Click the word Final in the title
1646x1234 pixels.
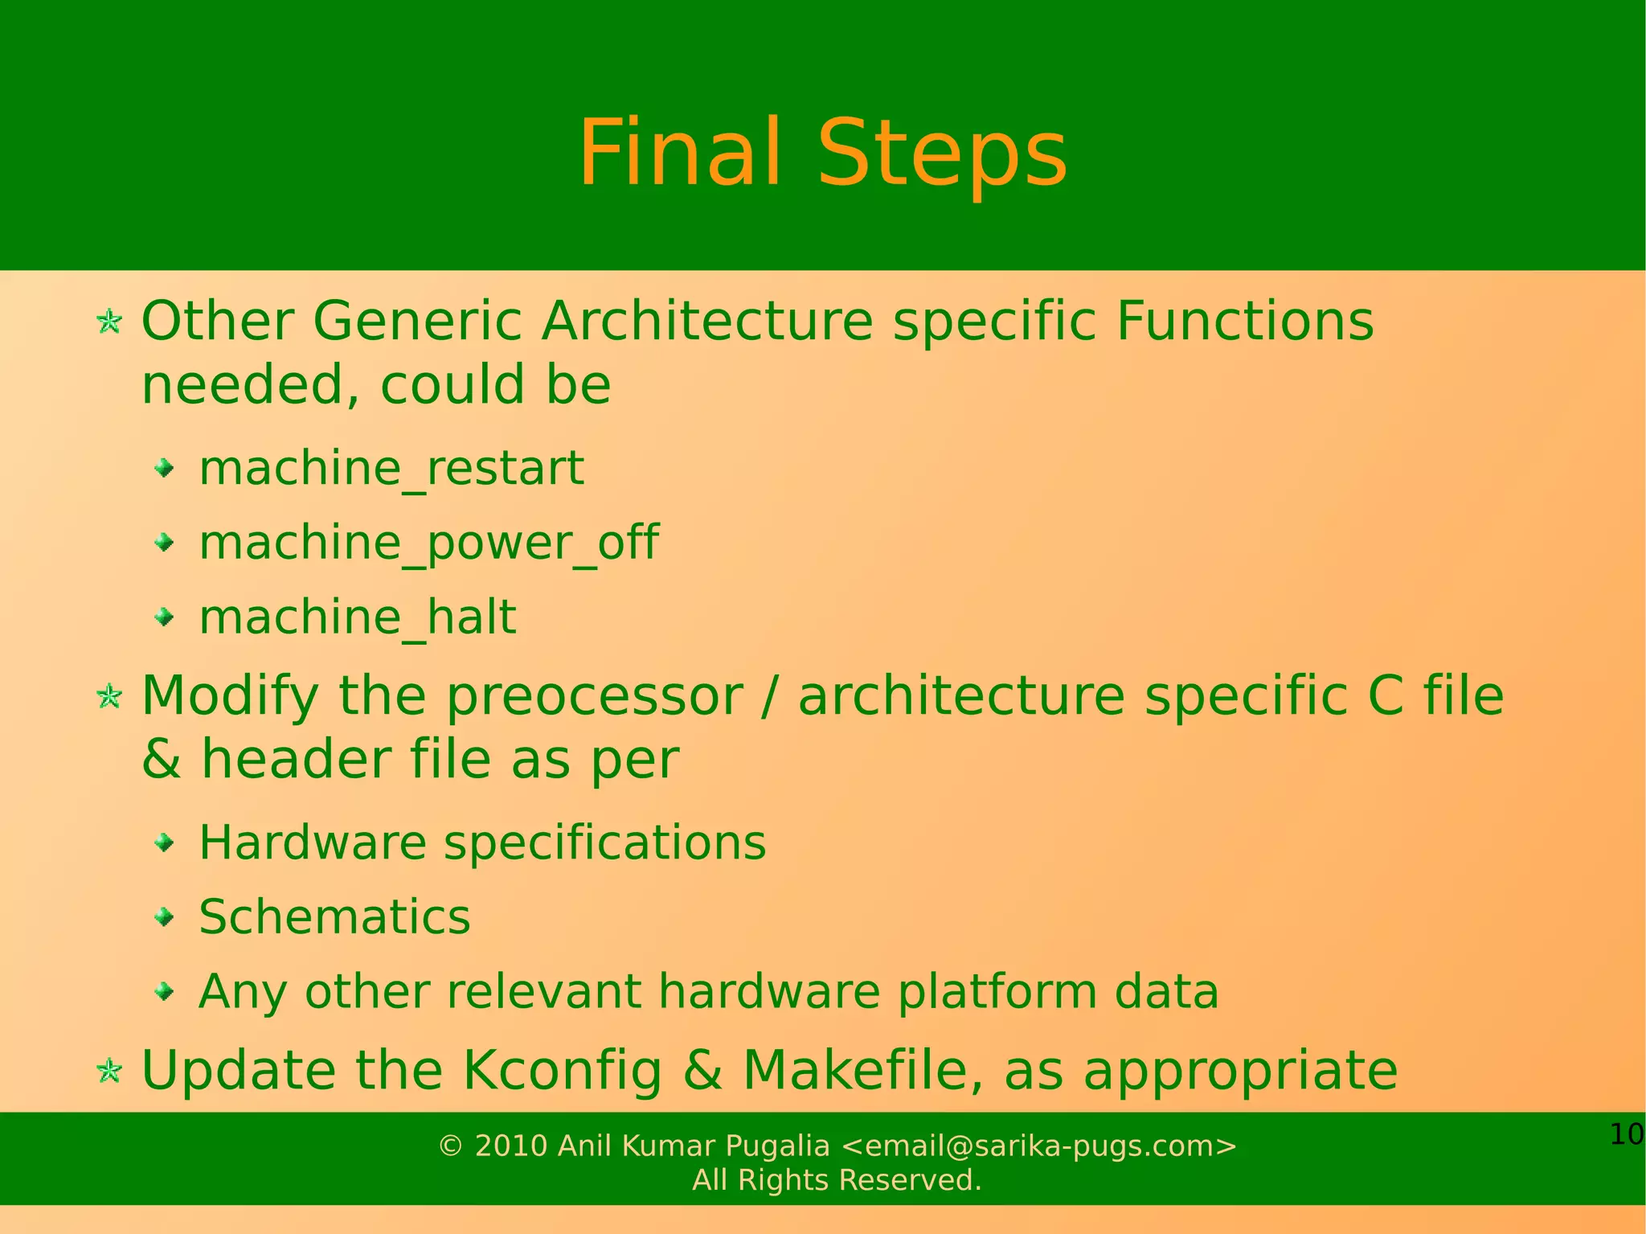click(679, 153)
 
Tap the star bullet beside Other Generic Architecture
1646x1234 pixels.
click(109, 322)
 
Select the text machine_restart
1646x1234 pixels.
click(391, 468)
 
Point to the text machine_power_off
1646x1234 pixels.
click(428, 543)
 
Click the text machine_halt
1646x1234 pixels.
click(358, 617)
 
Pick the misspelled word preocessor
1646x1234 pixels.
click(594, 696)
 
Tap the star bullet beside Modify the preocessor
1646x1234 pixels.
click(109, 696)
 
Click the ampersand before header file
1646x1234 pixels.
click(161, 760)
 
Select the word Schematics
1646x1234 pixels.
click(334, 917)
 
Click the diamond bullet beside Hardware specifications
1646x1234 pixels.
click(165, 843)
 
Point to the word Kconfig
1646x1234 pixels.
click(563, 1071)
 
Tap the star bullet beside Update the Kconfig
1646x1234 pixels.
click(109, 1071)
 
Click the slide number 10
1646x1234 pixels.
click(1626, 1135)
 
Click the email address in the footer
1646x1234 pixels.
click(1038, 1146)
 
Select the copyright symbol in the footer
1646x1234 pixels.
click(451, 1147)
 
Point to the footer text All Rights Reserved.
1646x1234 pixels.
click(837, 1180)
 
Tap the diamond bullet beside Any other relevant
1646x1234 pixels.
click(165, 992)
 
